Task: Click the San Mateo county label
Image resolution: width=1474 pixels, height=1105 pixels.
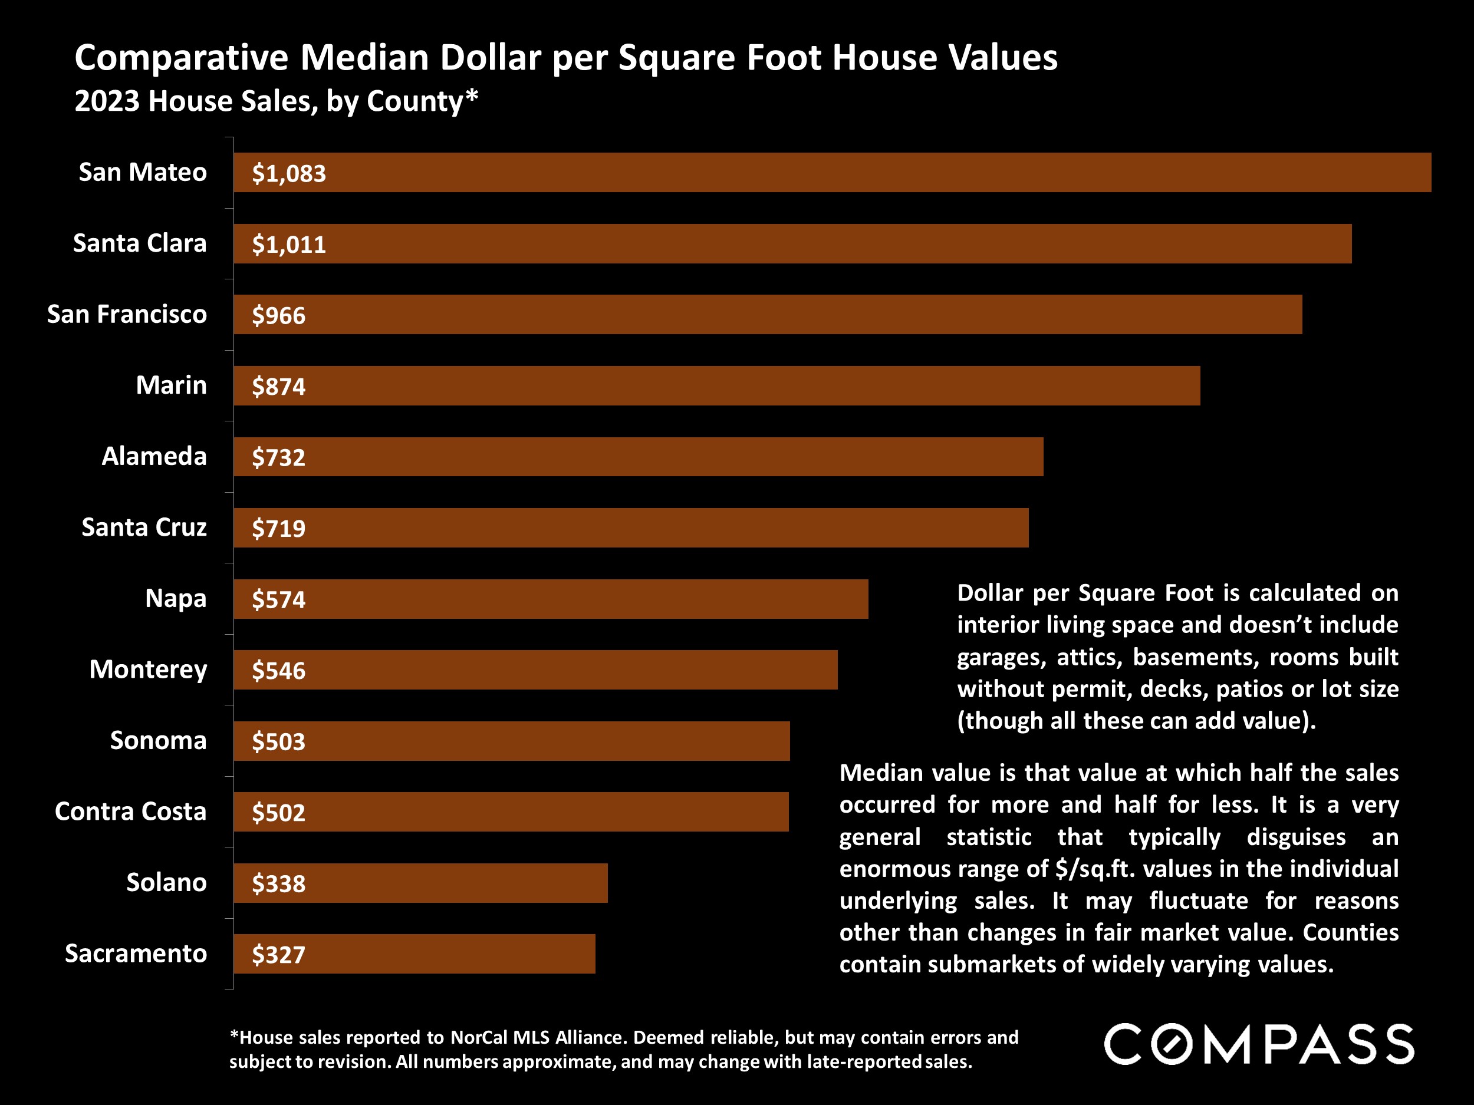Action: point(143,173)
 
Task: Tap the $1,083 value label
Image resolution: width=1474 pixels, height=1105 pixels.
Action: point(288,174)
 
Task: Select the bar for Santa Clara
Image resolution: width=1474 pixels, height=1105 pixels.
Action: point(792,244)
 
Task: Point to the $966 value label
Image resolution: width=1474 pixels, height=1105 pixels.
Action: point(278,316)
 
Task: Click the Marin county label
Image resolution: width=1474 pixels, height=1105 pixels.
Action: point(171,385)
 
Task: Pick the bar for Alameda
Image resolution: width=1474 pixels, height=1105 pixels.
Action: point(639,457)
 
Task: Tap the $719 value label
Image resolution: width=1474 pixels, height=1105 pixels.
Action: point(278,529)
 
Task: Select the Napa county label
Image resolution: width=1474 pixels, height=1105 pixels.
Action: point(176,599)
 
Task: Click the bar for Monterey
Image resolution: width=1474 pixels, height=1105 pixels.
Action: point(535,670)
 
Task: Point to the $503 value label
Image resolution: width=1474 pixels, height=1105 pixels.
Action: point(278,742)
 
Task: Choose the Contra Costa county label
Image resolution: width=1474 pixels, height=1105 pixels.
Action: point(131,812)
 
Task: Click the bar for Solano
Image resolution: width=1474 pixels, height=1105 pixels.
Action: point(420,883)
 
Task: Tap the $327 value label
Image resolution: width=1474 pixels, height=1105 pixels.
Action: point(278,955)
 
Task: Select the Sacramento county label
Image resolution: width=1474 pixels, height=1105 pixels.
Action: point(136,954)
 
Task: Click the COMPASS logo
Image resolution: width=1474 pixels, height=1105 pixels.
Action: point(1259,1044)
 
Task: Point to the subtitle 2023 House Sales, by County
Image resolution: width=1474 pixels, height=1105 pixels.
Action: point(276,101)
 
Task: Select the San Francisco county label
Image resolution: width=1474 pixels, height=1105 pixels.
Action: point(127,314)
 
